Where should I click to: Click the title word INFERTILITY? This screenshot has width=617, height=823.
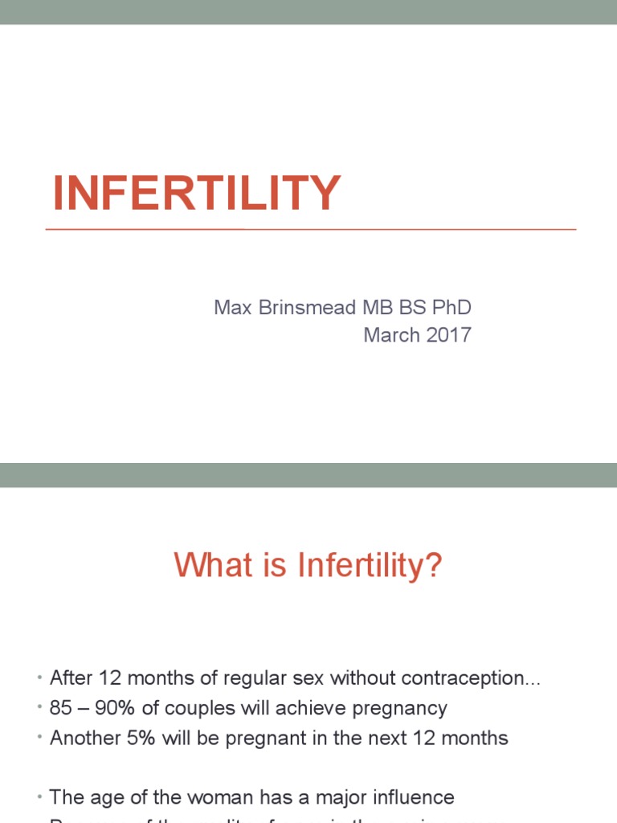click(197, 194)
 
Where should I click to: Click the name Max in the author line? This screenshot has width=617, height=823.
click(233, 307)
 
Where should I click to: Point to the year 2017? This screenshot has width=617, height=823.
click(448, 334)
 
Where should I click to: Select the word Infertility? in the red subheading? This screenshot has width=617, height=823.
click(370, 567)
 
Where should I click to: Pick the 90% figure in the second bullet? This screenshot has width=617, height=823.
click(108, 708)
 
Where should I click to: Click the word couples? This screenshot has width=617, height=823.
click(189, 708)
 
